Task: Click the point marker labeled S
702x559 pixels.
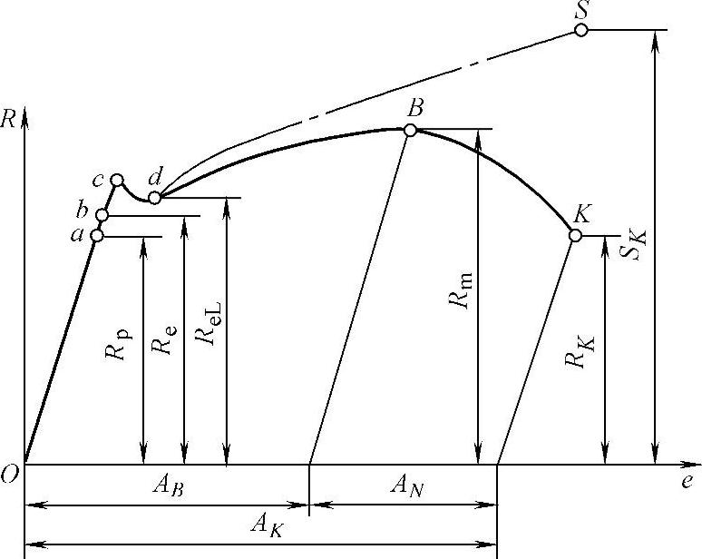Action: [580, 30]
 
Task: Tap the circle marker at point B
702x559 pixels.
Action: [410, 130]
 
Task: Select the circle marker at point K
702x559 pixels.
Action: [575, 236]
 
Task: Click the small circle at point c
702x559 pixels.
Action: [117, 180]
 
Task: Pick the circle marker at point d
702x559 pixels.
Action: [154, 197]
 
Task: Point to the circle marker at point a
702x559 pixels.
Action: [97, 236]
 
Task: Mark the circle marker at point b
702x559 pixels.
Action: [102, 215]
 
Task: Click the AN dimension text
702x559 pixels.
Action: [405, 486]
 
